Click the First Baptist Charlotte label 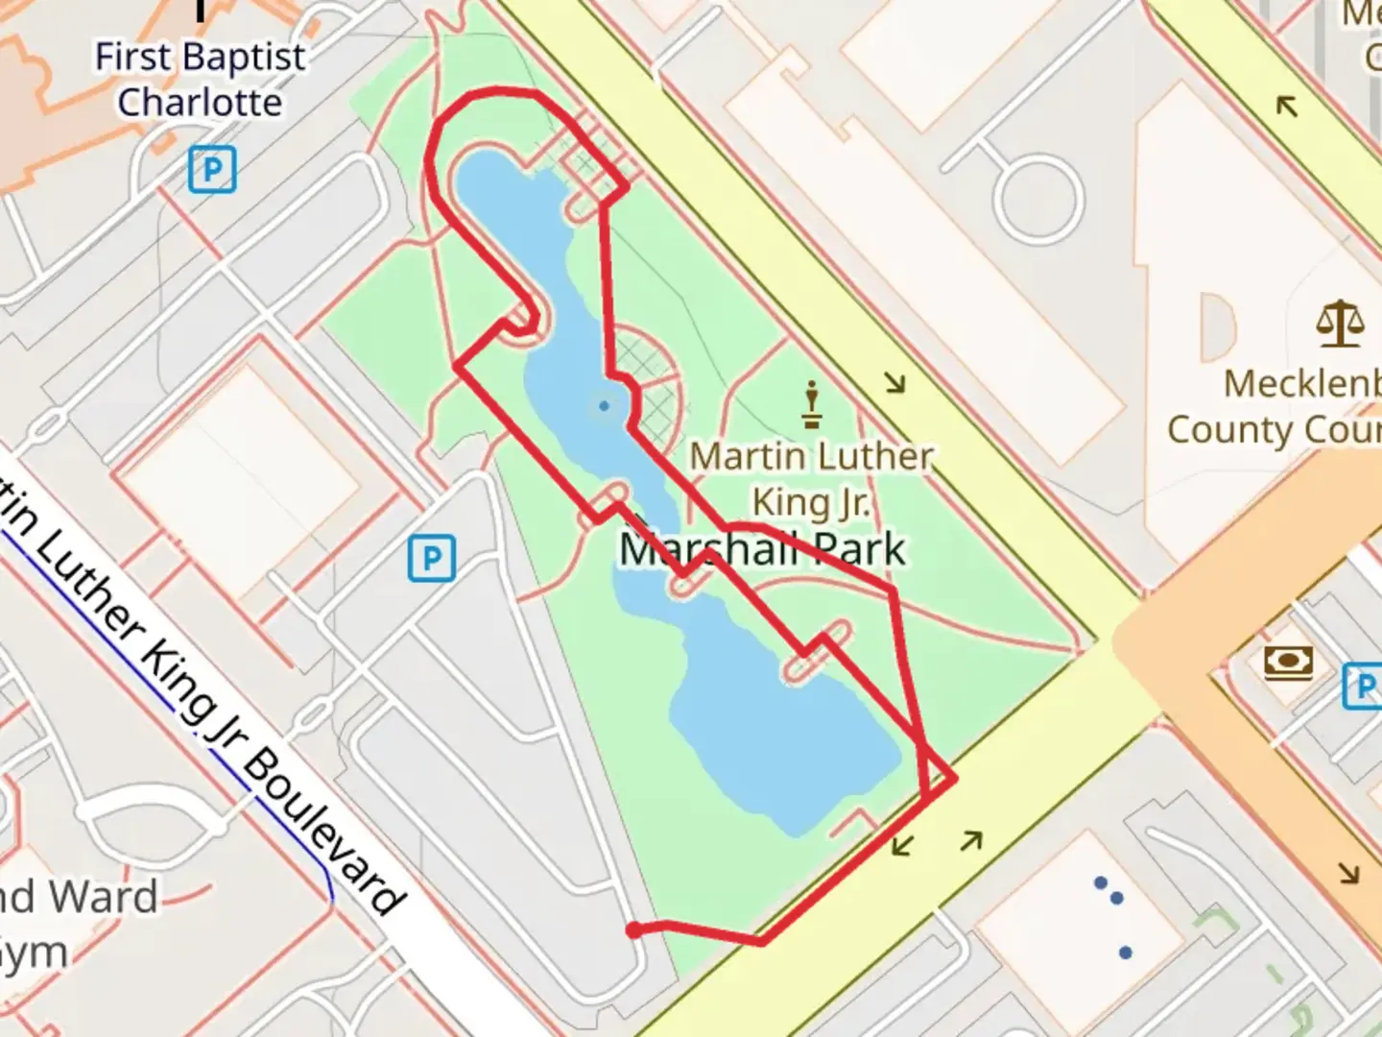200,80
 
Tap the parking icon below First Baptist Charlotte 211,170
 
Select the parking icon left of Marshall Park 431,558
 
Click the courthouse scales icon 1340,324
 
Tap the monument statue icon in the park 812,405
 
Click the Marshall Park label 763,549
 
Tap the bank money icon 1288,662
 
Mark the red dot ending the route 633,929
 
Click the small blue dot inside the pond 604,406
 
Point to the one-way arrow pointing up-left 1286,105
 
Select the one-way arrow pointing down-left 901,846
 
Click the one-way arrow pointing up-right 972,841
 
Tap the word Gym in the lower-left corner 35,953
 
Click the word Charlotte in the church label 200,102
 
